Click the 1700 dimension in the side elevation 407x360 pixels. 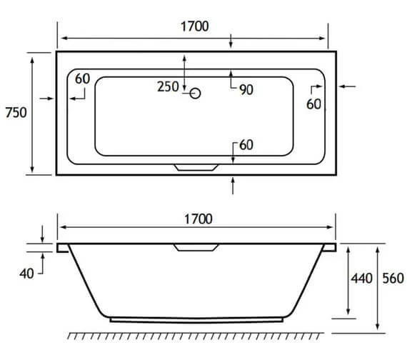coord(197,219)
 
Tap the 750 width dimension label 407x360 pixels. coord(16,113)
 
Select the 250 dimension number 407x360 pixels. coord(168,88)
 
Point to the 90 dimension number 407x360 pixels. coord(246,89)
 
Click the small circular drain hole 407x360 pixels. coord(196,92)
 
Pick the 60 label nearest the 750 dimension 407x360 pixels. coord(82,79)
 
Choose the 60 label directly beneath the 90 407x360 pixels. coord(246,145)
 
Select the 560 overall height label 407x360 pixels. coord(392,279)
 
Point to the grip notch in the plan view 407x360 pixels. coord(196,169)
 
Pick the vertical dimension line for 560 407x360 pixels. coord(378,286)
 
